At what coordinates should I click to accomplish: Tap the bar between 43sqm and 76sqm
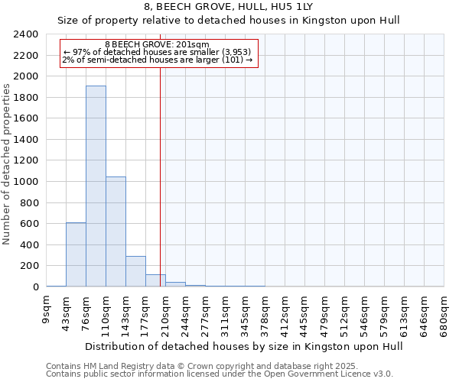(76, 254)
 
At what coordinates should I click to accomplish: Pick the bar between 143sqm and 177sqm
(135, 271)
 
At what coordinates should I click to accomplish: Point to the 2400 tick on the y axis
(27, 35)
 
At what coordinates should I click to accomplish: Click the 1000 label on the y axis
(27, 182)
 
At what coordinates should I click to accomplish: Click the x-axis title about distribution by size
(243, 346)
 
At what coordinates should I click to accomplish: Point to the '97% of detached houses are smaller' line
(158, 52)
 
